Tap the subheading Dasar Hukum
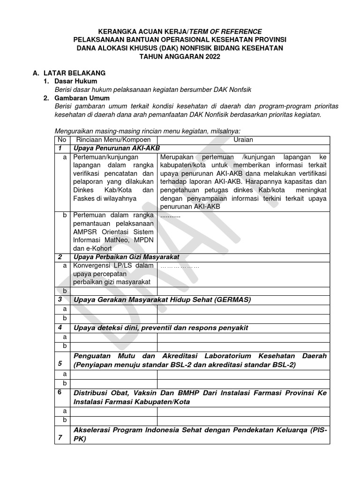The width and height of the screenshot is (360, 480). (x=75, y=81)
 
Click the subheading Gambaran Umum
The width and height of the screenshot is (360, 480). (x=82, y=98)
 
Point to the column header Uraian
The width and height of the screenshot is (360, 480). (x=244, y=140)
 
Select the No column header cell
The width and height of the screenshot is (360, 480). (x=61, y=140)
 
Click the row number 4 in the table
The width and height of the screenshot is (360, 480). (x=60, y=327)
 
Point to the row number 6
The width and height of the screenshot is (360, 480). (x=60, y=392)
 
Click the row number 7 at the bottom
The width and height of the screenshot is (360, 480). (x=60, y=438)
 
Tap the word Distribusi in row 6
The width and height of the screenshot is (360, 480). (x=91, y=393)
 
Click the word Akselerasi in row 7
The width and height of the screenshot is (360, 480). (x=93, y=430)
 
